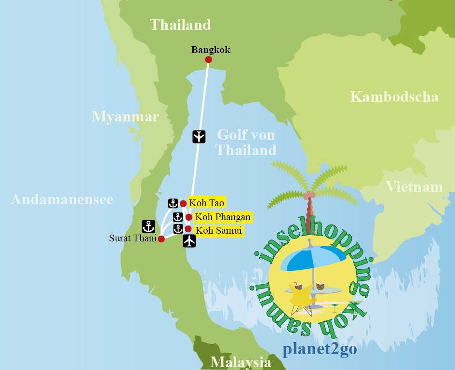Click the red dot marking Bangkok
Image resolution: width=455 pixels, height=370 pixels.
pyautogui.click(x=208, y=60)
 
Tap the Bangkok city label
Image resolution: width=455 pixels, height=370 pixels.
pyautogui.click(x=211, y=50)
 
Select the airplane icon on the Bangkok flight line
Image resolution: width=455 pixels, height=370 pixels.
pyautogui.click(x=199, y=137)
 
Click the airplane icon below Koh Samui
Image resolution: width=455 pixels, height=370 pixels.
pyautogui.click(x=189, y=241)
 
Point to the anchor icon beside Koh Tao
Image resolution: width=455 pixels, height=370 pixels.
pyautogui.click(x=173, y=203)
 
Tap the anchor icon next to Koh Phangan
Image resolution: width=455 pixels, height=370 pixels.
pyautogui.click(x=178, y=217)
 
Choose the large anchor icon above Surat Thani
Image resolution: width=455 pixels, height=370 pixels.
pyautogui.click(x=148, y=226)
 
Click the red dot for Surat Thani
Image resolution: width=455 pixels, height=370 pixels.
pyautogui.click(x=161, y=239)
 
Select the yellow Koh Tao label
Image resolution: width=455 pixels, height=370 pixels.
pyautogui.click(x=206, y=203)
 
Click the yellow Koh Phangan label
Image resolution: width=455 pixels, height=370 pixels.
pyautogui.click(x=222, y=217)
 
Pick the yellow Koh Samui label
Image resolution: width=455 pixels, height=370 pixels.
pyautogui.click(x=218, y=230)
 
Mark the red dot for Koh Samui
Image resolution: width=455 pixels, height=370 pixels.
pyautogui.click(x=188, y=229)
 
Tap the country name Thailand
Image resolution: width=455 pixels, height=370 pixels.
pyautogui.click(x=180, y=25)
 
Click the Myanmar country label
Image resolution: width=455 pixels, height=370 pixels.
pyautogui.click(x=125, y=117)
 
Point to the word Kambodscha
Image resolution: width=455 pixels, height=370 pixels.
pyautogui.click(x=394, y=97)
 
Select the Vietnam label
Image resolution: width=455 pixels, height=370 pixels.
pyautogui.click(x=414, y=187)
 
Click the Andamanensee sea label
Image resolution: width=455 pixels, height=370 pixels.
pyautogui.click(x=62, y=199)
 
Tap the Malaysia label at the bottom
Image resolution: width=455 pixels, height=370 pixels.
pyautogui.click(x=241, y=362)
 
